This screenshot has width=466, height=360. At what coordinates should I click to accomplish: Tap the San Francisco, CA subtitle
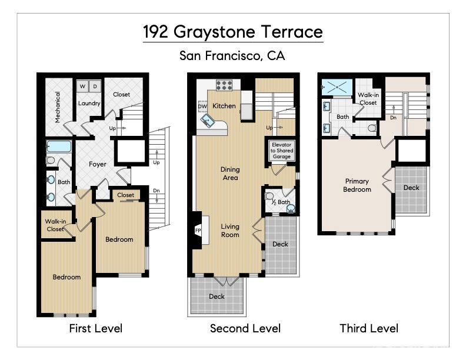tap(232, 56)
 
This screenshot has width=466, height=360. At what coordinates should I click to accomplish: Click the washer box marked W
tap(82, 86)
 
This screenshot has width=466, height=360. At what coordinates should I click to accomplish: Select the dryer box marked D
tap(94, 86)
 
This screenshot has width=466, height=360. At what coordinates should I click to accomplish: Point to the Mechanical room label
tap(58, 106)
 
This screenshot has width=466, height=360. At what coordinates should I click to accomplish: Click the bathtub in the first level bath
tap(59, 146)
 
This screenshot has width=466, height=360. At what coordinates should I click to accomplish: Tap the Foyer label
tap(98, 164)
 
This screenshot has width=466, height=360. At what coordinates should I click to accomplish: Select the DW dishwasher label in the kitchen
tap(202, 106)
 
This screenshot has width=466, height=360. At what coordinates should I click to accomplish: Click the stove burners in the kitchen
tap(225, 85)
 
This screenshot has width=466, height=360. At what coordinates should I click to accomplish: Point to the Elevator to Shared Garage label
tap(281, 150)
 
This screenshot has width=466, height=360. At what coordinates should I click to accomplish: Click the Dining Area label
tap(230, 174)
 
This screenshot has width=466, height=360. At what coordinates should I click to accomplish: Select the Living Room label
tap(230, 230)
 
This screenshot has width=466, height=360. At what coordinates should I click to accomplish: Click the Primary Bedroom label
tap(358, 185)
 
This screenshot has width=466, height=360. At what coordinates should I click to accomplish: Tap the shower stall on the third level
tap(337, 87)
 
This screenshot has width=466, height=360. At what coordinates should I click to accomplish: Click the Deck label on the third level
tap(411, 188)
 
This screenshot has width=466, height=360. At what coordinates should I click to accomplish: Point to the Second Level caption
tap(245, 328)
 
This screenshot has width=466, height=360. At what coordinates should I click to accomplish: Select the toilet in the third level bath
tap(372, 127)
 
